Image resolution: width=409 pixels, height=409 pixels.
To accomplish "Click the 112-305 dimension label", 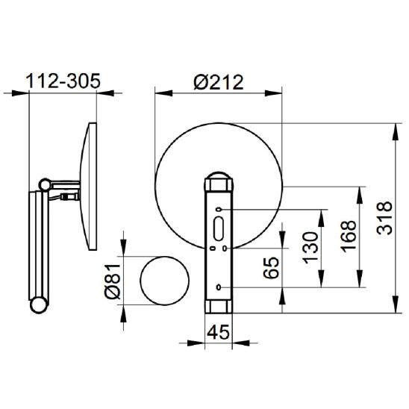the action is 63,81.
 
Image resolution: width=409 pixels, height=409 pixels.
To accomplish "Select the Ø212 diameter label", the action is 219,82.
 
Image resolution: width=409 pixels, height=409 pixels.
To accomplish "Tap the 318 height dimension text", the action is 384,218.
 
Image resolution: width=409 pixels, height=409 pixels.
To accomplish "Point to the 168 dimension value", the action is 349,237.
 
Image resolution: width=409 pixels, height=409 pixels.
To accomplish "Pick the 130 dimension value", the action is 310,248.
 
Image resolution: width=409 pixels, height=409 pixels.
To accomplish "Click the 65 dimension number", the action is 271,268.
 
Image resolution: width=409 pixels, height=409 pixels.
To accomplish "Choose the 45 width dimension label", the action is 219,332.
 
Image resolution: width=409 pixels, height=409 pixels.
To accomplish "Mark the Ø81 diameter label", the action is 113,281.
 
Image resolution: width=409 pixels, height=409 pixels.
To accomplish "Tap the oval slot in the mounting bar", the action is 219,228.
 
